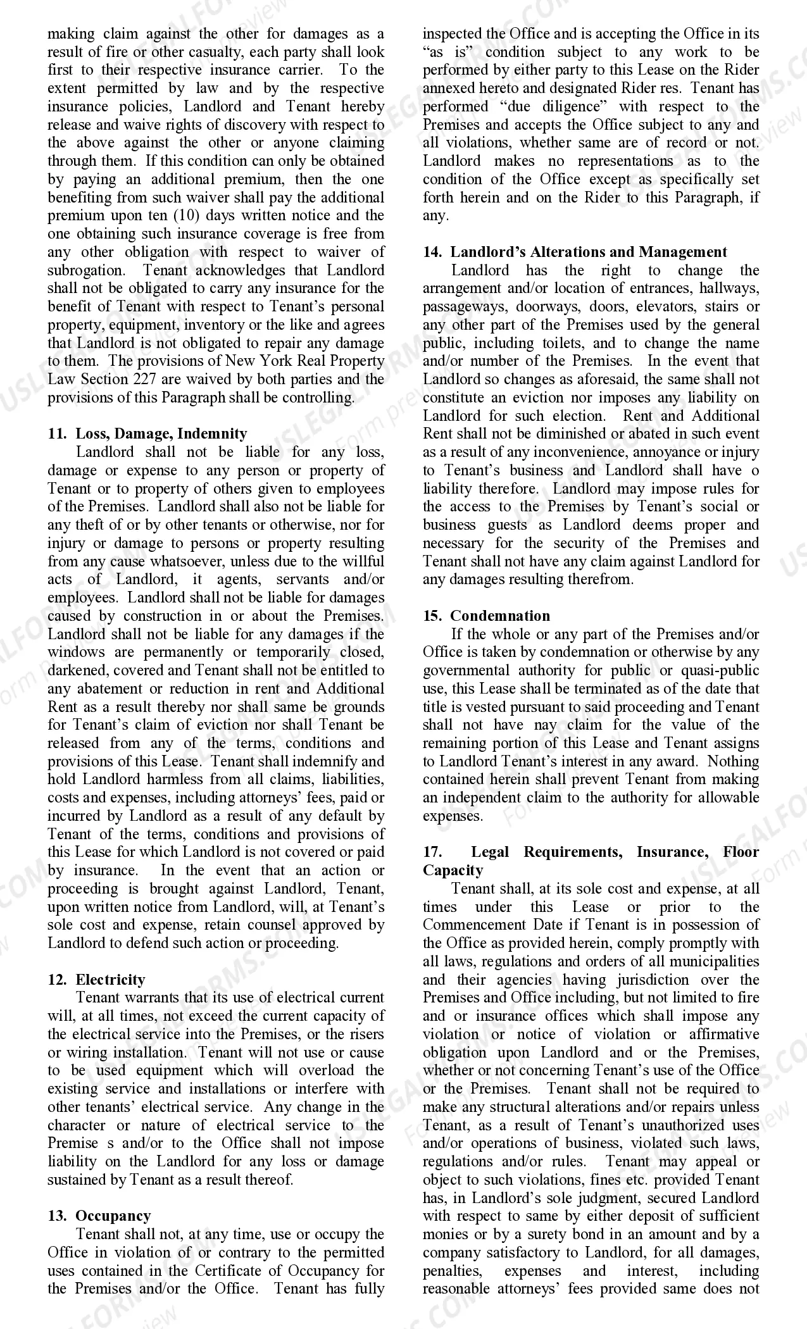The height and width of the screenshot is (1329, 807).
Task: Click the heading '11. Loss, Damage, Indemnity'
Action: pyautogui.click(x=147, y=434)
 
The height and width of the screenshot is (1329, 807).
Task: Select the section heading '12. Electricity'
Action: pyautogui.click(x=96, y=979)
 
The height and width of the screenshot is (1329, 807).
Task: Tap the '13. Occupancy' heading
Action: pyautogui.click(x=99, y=1216)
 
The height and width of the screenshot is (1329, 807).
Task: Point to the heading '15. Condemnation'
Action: pyautogui.click(x=486, y=616)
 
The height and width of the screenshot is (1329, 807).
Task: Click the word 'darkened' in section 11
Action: pyautogui.click(x=75, y=670)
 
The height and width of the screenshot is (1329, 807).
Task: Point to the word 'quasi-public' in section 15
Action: pyautogui.click(x=720, y=670)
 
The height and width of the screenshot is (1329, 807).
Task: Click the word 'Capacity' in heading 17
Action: pyautogui.click(x=453, y=870)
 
